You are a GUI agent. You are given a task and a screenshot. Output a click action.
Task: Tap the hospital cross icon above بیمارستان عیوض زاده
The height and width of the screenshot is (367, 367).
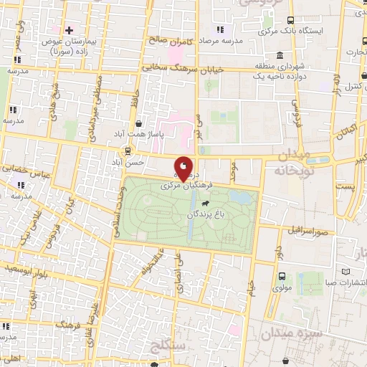click(69, 30)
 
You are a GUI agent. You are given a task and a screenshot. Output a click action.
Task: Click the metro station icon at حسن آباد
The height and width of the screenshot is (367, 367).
click(128, 151)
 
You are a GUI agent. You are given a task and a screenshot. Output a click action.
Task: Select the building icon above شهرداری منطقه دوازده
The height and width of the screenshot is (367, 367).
click(278, 56)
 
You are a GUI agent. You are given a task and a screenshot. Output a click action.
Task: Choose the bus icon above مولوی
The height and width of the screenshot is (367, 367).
click(282, 277)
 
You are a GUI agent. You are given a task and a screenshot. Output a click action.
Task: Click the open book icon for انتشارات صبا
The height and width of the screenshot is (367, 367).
click(346, 272)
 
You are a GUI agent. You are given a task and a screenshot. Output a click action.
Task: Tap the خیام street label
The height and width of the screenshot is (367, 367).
click(252, 286)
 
